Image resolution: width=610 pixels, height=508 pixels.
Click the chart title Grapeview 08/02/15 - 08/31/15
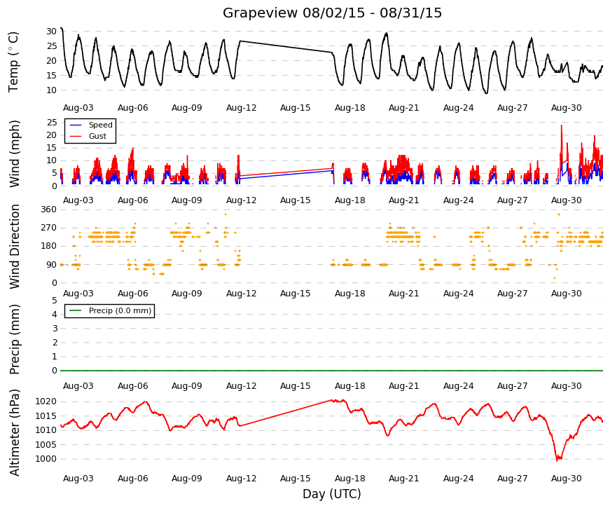tap(332, 13)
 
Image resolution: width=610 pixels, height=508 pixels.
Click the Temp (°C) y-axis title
tap(13, 62)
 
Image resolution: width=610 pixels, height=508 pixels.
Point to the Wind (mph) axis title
tap(14, 153)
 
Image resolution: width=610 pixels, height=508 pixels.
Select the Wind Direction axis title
tap(15, 247)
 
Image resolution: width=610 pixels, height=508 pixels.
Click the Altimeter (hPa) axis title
tap(14, 433)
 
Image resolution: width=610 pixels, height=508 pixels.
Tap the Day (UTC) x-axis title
tap(332, 494)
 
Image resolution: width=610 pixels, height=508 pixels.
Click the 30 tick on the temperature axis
tap(52, 32)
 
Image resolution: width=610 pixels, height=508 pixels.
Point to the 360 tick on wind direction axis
tap(49, 210)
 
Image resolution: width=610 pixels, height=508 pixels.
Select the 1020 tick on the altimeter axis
tap(46, 401)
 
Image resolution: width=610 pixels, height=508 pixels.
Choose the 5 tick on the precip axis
tap(55, 301)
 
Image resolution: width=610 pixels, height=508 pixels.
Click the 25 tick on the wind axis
tap(52, 123)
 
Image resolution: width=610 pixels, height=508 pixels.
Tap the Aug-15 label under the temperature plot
tap(296, 108)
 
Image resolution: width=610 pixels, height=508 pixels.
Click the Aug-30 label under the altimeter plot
tap(567, 479)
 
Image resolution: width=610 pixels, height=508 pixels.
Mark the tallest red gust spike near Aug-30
tap(562, 125)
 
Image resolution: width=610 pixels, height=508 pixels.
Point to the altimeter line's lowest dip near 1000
tap(559, 459)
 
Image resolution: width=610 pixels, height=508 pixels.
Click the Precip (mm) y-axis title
tap(14, 339)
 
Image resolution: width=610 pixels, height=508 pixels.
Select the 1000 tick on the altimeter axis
tap(46, 459)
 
